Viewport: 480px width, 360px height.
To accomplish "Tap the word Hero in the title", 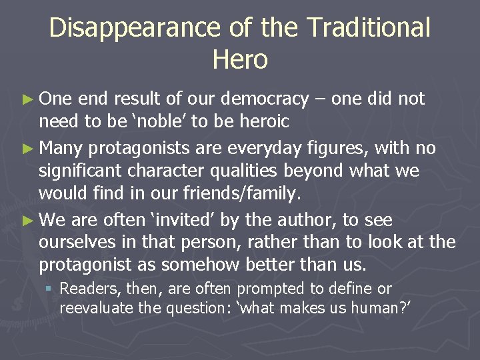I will [240, 60].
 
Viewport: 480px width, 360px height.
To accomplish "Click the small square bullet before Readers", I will [50, 289].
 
